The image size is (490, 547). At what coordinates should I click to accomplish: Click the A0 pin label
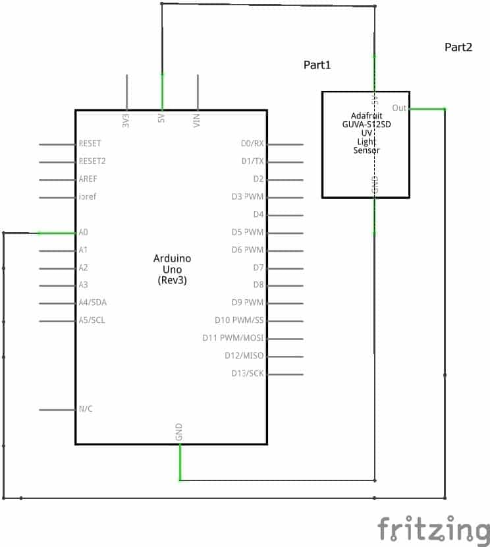(84, 233)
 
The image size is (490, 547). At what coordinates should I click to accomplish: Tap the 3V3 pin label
(126, 120)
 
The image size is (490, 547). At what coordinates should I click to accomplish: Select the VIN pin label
(197, 120)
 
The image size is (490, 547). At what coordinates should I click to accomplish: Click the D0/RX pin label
(252, 144)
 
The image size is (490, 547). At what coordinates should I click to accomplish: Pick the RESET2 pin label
(92, 161)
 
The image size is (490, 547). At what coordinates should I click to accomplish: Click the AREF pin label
(88, 179)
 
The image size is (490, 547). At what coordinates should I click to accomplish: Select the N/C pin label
(86, 409)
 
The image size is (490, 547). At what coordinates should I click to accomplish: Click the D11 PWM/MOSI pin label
(233, 338)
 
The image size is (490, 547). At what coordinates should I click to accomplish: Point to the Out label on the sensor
(399, 108)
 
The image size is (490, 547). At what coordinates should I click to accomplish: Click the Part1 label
(317, 65)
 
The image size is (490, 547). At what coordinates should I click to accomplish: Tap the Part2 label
(458, 47)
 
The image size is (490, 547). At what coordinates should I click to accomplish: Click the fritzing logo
(433, 529)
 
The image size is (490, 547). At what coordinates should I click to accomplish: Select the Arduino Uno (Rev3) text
(171, 270)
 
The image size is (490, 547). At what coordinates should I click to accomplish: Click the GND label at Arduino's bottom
(179, 432)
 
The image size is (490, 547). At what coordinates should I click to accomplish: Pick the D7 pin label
(258, 268)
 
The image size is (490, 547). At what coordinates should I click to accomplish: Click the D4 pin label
(258, 215)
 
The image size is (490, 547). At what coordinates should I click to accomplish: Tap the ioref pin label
(88, 197)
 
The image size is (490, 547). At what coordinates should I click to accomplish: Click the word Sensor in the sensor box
(366, 151)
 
